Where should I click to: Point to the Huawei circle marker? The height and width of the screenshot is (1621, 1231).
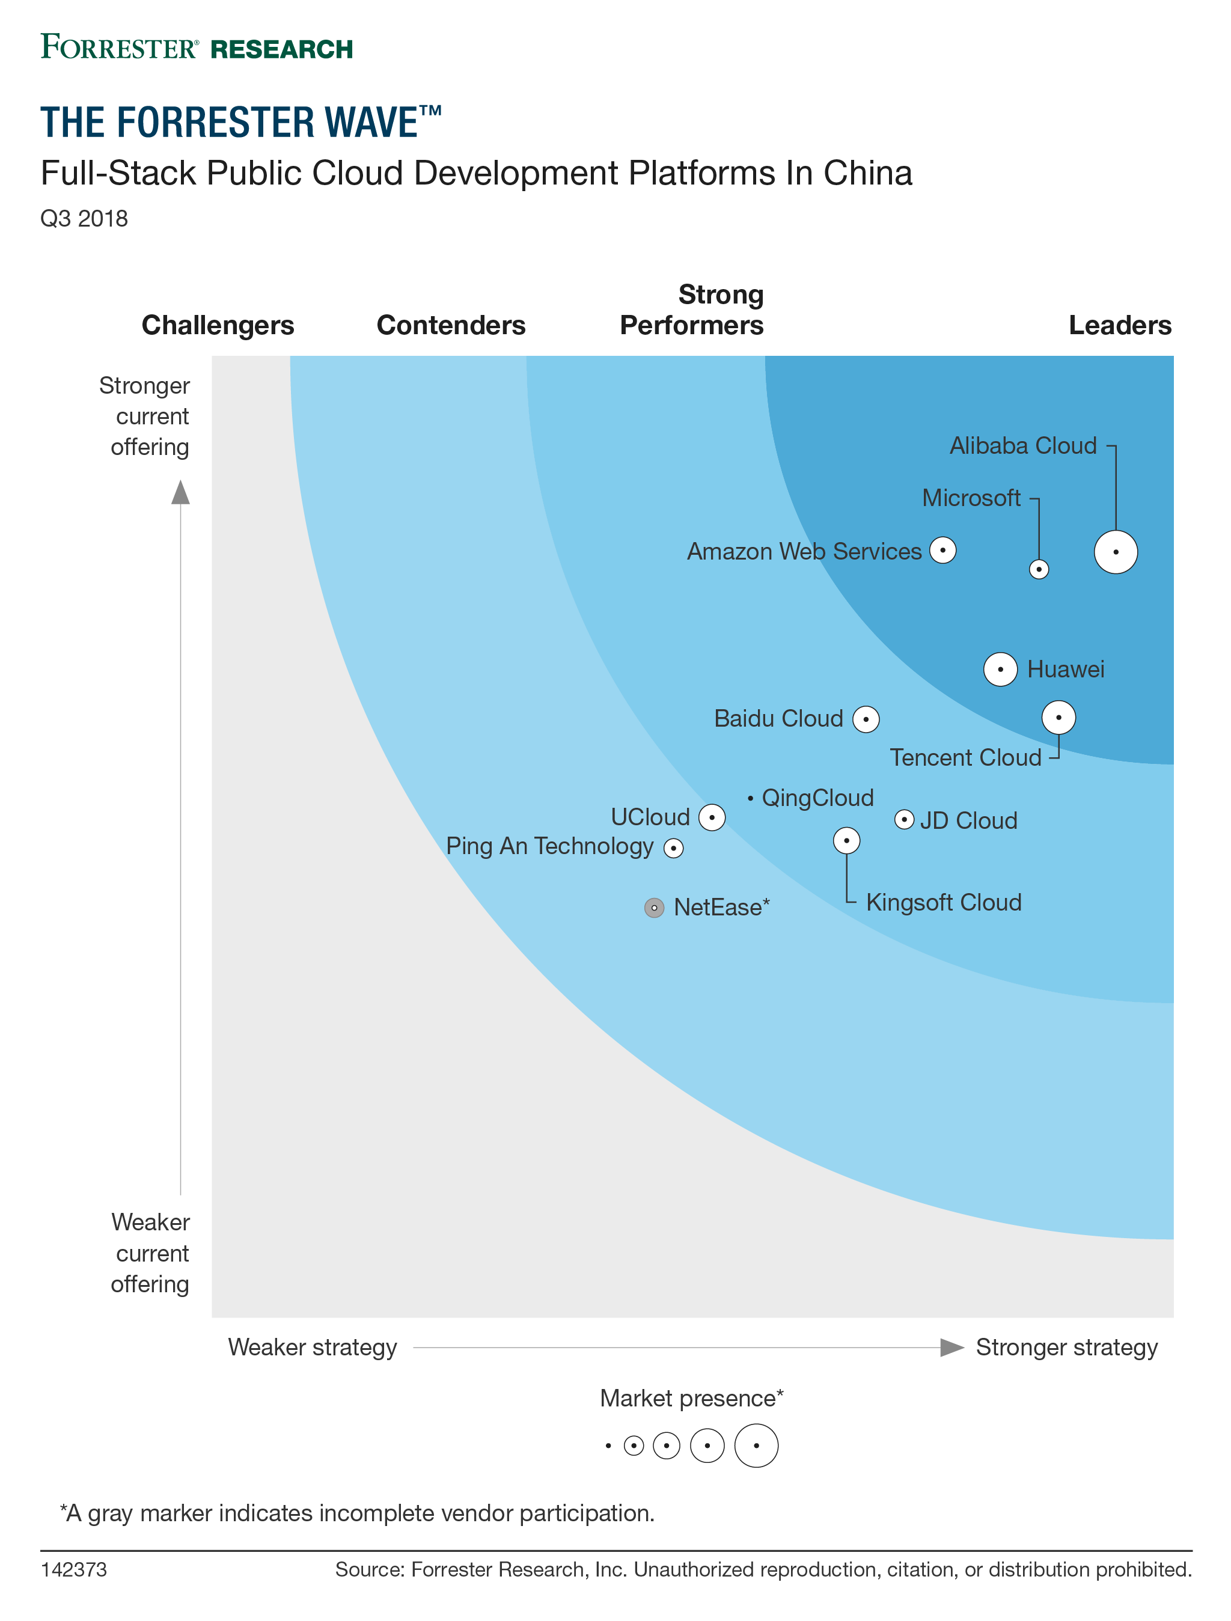[1000, 669]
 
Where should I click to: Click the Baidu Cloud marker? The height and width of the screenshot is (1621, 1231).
[866, 719]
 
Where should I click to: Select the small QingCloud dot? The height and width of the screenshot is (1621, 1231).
[750, 798]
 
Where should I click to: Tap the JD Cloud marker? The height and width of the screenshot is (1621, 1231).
[904, 819]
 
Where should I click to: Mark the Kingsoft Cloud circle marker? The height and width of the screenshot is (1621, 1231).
[846, 840]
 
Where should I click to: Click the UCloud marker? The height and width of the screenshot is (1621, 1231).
[712, 817]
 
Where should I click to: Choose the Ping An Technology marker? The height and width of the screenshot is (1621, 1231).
[673, 848]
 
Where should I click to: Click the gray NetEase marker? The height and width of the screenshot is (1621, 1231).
[655, 908]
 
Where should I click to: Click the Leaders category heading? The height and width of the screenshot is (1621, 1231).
[1120, 325]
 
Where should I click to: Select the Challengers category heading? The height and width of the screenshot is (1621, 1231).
[218, 325]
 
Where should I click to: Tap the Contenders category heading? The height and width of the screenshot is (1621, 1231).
[451, 325]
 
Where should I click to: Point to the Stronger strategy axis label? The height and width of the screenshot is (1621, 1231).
[1066, 1347]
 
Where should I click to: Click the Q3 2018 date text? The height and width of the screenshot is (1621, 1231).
[84, 218]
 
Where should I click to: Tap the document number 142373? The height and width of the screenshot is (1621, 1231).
[74, 1570]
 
